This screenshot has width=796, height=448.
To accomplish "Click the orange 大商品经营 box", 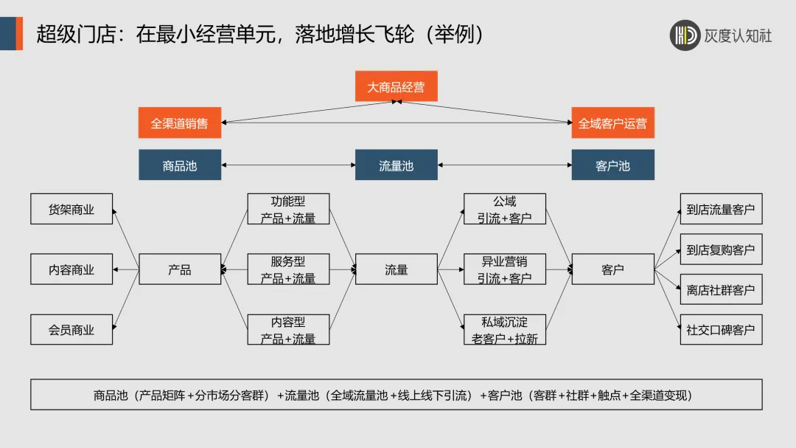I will tap(396, 86).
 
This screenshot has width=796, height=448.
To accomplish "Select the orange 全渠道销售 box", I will tap(179, 123).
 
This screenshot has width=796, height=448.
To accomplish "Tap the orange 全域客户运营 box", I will tap(612, 123).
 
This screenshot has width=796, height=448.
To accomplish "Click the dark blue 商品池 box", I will tap(179, 165).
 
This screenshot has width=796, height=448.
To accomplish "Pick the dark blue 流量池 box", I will tap(396, 165).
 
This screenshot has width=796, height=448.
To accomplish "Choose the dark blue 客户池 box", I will tap(612, 165).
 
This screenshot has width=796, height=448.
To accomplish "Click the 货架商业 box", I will tap(71, 209).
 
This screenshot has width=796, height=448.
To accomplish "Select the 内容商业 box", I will tap(71, 269).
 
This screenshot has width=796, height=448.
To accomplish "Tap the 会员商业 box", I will tap(71, 329).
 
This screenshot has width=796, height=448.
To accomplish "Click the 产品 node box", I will tap(179, 269).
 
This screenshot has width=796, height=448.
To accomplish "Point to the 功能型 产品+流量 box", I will tap(288, 209).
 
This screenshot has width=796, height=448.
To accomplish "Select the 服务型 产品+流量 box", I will tap(288, 269).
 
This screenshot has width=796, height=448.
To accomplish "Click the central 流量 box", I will tap(396, 269).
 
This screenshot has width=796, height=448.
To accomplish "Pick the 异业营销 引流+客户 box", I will tap(505, 269).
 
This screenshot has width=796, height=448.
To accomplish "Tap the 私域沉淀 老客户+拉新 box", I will tap(505, 329).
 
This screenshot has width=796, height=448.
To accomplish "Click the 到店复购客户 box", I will tap(720, 249).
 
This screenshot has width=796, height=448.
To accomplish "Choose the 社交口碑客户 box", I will tap(720, 329).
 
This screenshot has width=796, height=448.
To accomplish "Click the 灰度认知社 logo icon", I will tap(685, 35).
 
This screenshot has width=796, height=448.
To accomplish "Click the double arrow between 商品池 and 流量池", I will tap(288, 165).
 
